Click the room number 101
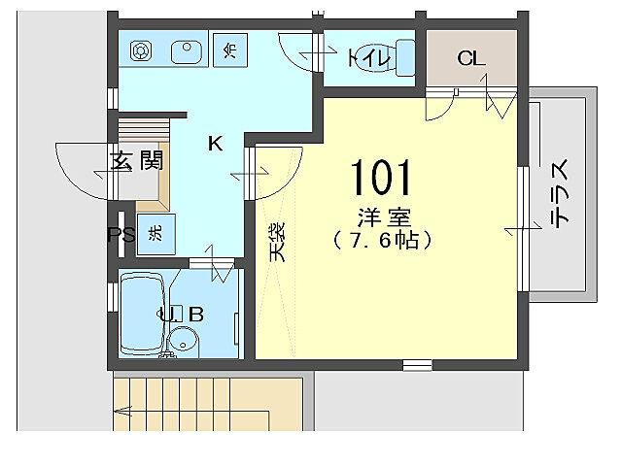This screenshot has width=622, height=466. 381,179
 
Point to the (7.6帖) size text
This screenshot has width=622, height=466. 380,239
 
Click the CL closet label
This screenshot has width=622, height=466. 471,58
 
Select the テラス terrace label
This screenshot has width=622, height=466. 561,194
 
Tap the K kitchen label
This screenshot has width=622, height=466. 215,144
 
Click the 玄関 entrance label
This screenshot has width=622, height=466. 135,161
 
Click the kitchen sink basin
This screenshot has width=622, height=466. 183,49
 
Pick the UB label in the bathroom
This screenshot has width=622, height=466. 181,314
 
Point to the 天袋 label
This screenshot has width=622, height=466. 277,242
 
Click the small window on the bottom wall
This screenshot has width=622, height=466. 417,364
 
